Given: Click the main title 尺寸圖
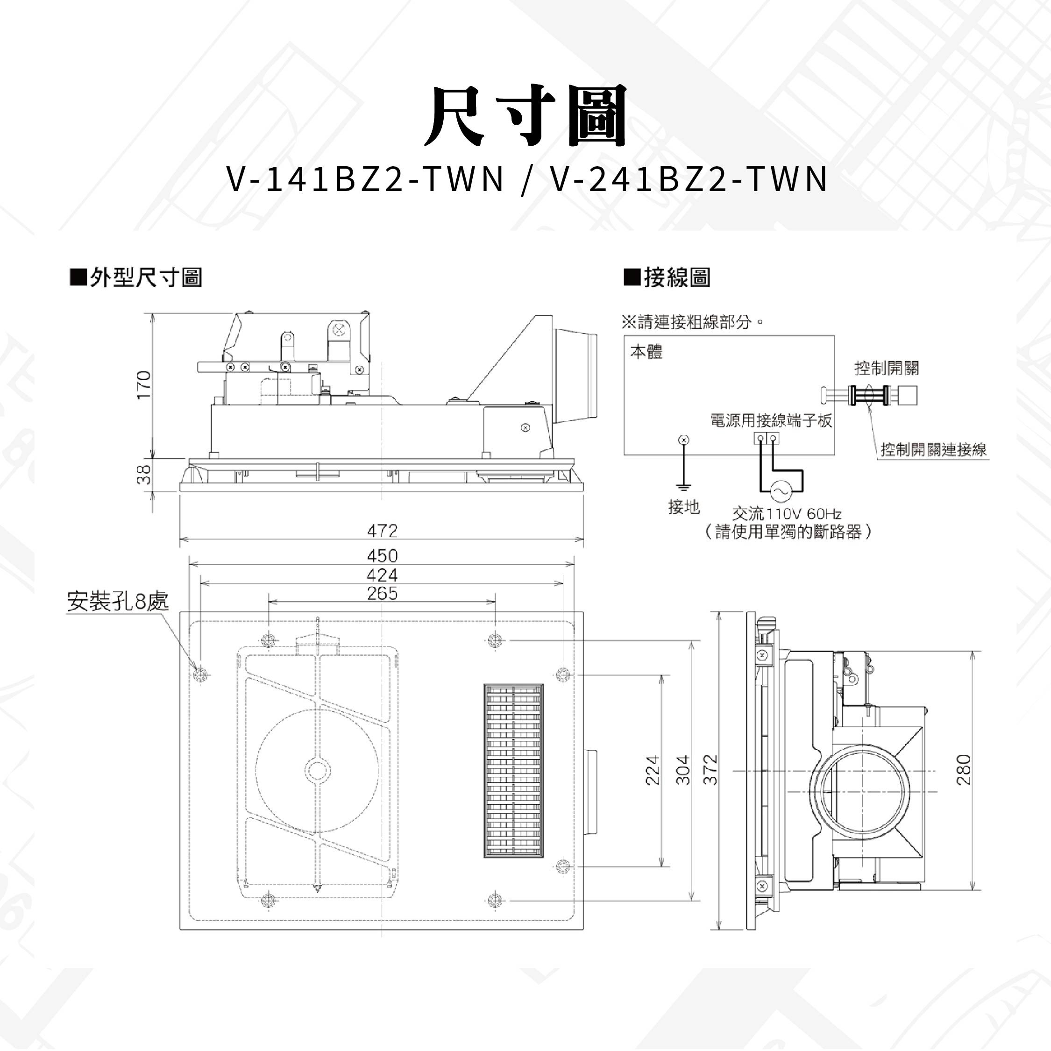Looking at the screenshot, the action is click(x=525, y=115).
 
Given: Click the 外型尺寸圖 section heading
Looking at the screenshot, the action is click(x=136, y=277).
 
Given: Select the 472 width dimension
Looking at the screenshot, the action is click(x=383, y=530).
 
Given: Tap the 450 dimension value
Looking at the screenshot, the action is click(x=383, y=555).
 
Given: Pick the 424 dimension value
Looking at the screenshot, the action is click(x=383, y=575).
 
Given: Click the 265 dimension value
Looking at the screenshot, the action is click(x=383, y=593).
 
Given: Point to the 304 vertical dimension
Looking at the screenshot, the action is click(x=683, y=770).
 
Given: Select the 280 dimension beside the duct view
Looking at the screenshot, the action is click(x=963, y=770).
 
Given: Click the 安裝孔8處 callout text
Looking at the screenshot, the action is click(x=118, y=601).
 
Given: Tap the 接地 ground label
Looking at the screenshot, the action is click(x=684, y=507).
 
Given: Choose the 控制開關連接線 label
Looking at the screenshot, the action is click(x=933, y=450).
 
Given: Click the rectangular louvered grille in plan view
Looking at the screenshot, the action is click(x=513, y=771).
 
